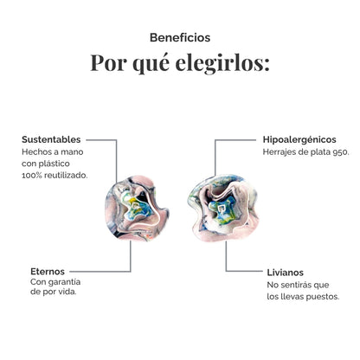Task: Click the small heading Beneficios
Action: click(180, 38)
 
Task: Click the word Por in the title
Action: click(108, 62)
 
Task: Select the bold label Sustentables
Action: click(51, 139)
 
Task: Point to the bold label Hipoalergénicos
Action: click(299, 140)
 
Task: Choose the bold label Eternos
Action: click(48, 272)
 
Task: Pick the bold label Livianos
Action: click(285, 273)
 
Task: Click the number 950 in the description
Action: click(341, 152)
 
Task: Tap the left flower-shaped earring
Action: click(137, 208)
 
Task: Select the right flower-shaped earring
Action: click(223, 208)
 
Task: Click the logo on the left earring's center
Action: click(135, 206)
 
